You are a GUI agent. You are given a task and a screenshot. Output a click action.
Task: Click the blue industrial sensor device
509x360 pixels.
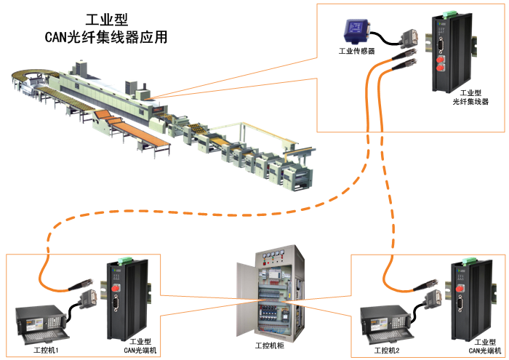(x=356, y=31)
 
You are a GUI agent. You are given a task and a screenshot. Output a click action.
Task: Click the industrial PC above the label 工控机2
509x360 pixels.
(x=388, y=323)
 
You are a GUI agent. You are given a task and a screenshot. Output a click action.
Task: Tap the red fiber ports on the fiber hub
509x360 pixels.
(x=441, y=67)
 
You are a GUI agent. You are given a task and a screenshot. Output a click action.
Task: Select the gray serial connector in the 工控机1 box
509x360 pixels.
(x=92, y=298)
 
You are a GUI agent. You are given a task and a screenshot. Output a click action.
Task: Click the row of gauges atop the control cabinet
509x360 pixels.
(x=273, y=255)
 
